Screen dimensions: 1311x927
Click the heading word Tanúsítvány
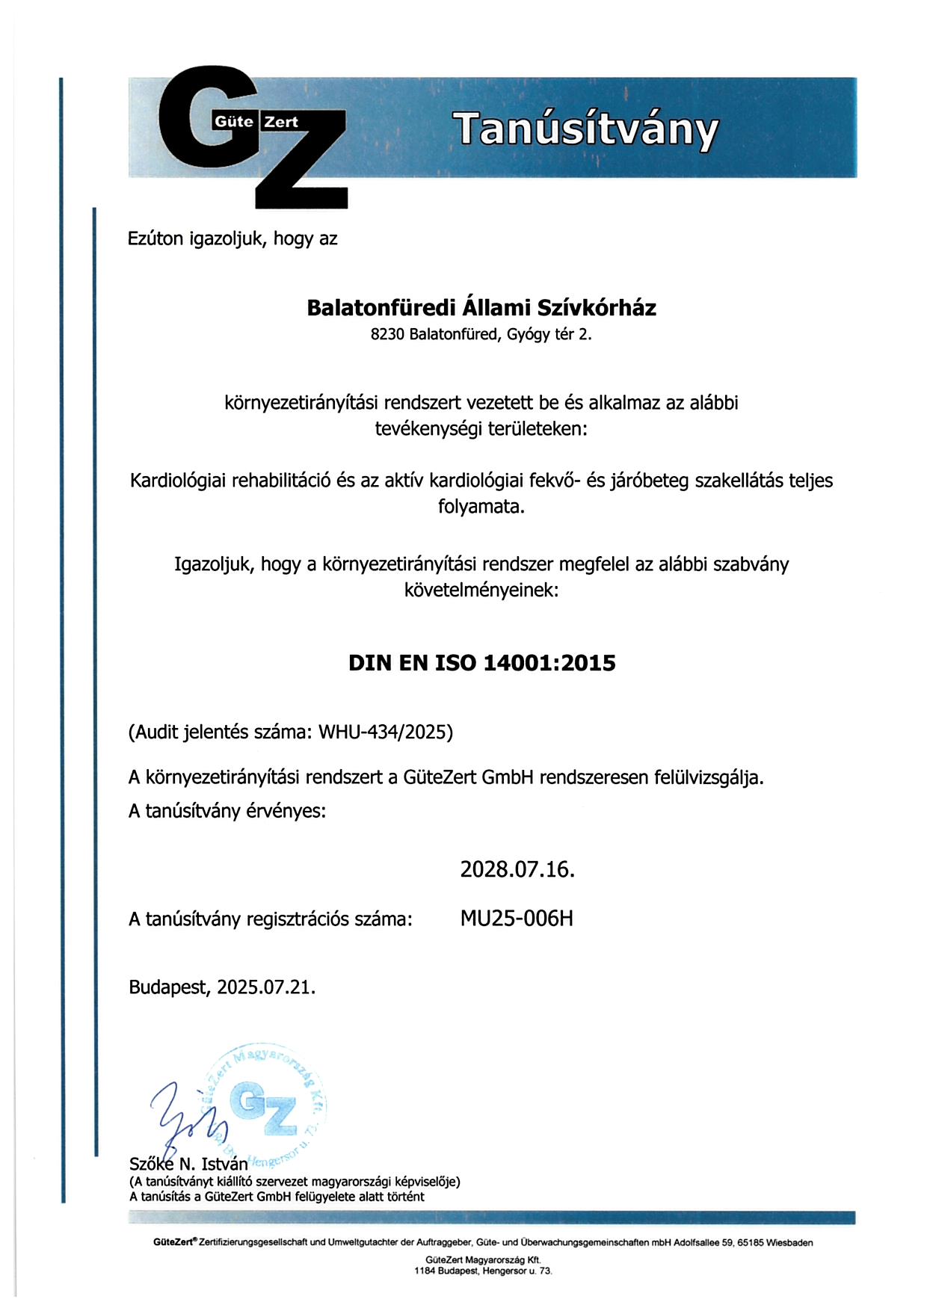click(x=588, y=129)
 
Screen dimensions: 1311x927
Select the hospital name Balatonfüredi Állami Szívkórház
click(x=481, y=308)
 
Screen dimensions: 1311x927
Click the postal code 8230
click(x=387, y=335)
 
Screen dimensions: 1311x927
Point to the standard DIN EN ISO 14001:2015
click(x=481, y=663)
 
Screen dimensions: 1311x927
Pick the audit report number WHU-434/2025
click(x=383, y=732)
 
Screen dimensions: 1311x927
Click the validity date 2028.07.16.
click(x=517, y=869)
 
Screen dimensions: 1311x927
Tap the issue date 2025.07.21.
click(x=266, y=987)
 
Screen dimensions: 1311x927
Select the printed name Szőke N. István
click(x=188, y=1164)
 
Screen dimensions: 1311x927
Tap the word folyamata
click(x=481, y=507)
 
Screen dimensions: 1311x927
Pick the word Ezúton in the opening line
click(x=155, y=239)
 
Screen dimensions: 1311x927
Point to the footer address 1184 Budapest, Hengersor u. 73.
click(x=483, y=1271)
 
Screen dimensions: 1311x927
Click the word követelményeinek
click(x=481, y=590)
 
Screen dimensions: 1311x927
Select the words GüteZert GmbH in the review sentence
click(x=468, y=777)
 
